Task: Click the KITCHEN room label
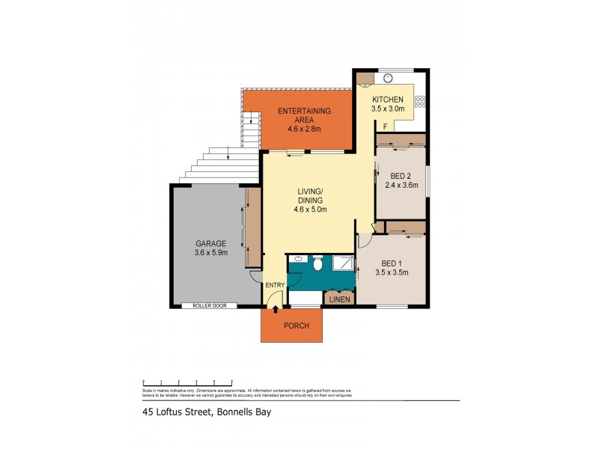(x=388, y=100)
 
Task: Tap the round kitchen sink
(x=389, y=76)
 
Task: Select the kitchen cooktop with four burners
(x=420, y=100)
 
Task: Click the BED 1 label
(x=392, y=263)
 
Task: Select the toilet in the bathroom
(x=317, y=263)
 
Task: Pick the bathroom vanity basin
(x=297, y=259)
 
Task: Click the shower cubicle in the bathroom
(x=344, y=263)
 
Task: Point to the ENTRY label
(x=274, y=284)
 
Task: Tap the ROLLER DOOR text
(x=209, y=305)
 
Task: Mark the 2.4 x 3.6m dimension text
(x=401, y=186)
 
